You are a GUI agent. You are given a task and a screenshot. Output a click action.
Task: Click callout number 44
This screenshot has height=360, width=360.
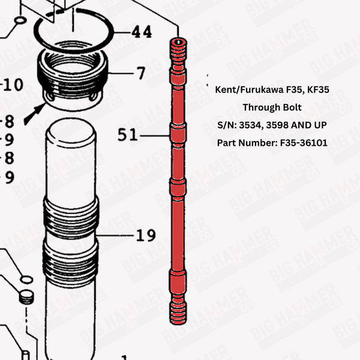(x=142, y=31)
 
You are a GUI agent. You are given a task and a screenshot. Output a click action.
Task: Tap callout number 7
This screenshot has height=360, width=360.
(x=140, y=73)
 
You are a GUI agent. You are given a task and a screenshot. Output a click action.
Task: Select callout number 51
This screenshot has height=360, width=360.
(x=128, y=134)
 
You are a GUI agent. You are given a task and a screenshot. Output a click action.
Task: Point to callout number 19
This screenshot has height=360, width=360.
(x=146, y=235)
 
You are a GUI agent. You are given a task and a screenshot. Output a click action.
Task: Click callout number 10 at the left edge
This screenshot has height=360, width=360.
(x=12, y=85)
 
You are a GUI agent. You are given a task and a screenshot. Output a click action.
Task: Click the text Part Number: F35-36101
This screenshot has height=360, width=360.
(x=272, y=143)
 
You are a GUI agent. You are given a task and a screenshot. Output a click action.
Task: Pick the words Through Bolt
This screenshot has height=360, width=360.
(x=272, y=107)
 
